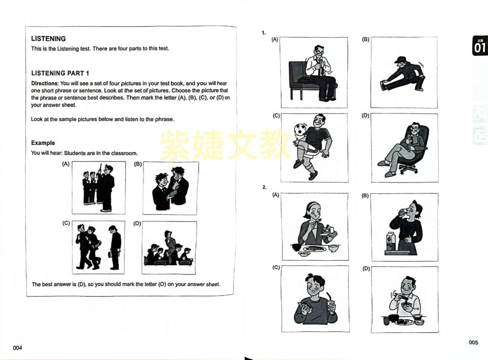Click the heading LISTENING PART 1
[60, 73]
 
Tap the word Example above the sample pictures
[43, 143]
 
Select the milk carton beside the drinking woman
[390, 241]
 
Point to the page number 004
[18, 348]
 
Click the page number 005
[473, 342]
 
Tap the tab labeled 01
[480, 46]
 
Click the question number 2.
[264, 187]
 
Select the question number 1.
[264, 33]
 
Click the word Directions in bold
[45, 83]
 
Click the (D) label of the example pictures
[137, 223]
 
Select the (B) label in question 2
[366, 196]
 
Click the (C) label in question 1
[276, 116]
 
